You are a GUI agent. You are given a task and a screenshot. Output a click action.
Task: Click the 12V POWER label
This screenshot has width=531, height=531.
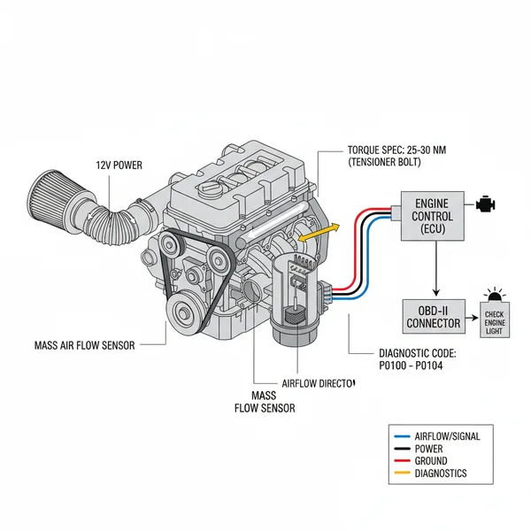119,165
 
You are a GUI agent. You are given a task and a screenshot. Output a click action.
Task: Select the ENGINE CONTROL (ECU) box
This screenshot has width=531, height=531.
434,216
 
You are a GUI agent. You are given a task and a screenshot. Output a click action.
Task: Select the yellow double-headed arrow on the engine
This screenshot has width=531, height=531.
319,233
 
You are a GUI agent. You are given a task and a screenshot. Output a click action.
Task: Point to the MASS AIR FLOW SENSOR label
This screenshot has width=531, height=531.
84,345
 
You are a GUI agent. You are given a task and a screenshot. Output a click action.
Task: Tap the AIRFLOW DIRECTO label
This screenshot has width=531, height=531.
318,383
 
